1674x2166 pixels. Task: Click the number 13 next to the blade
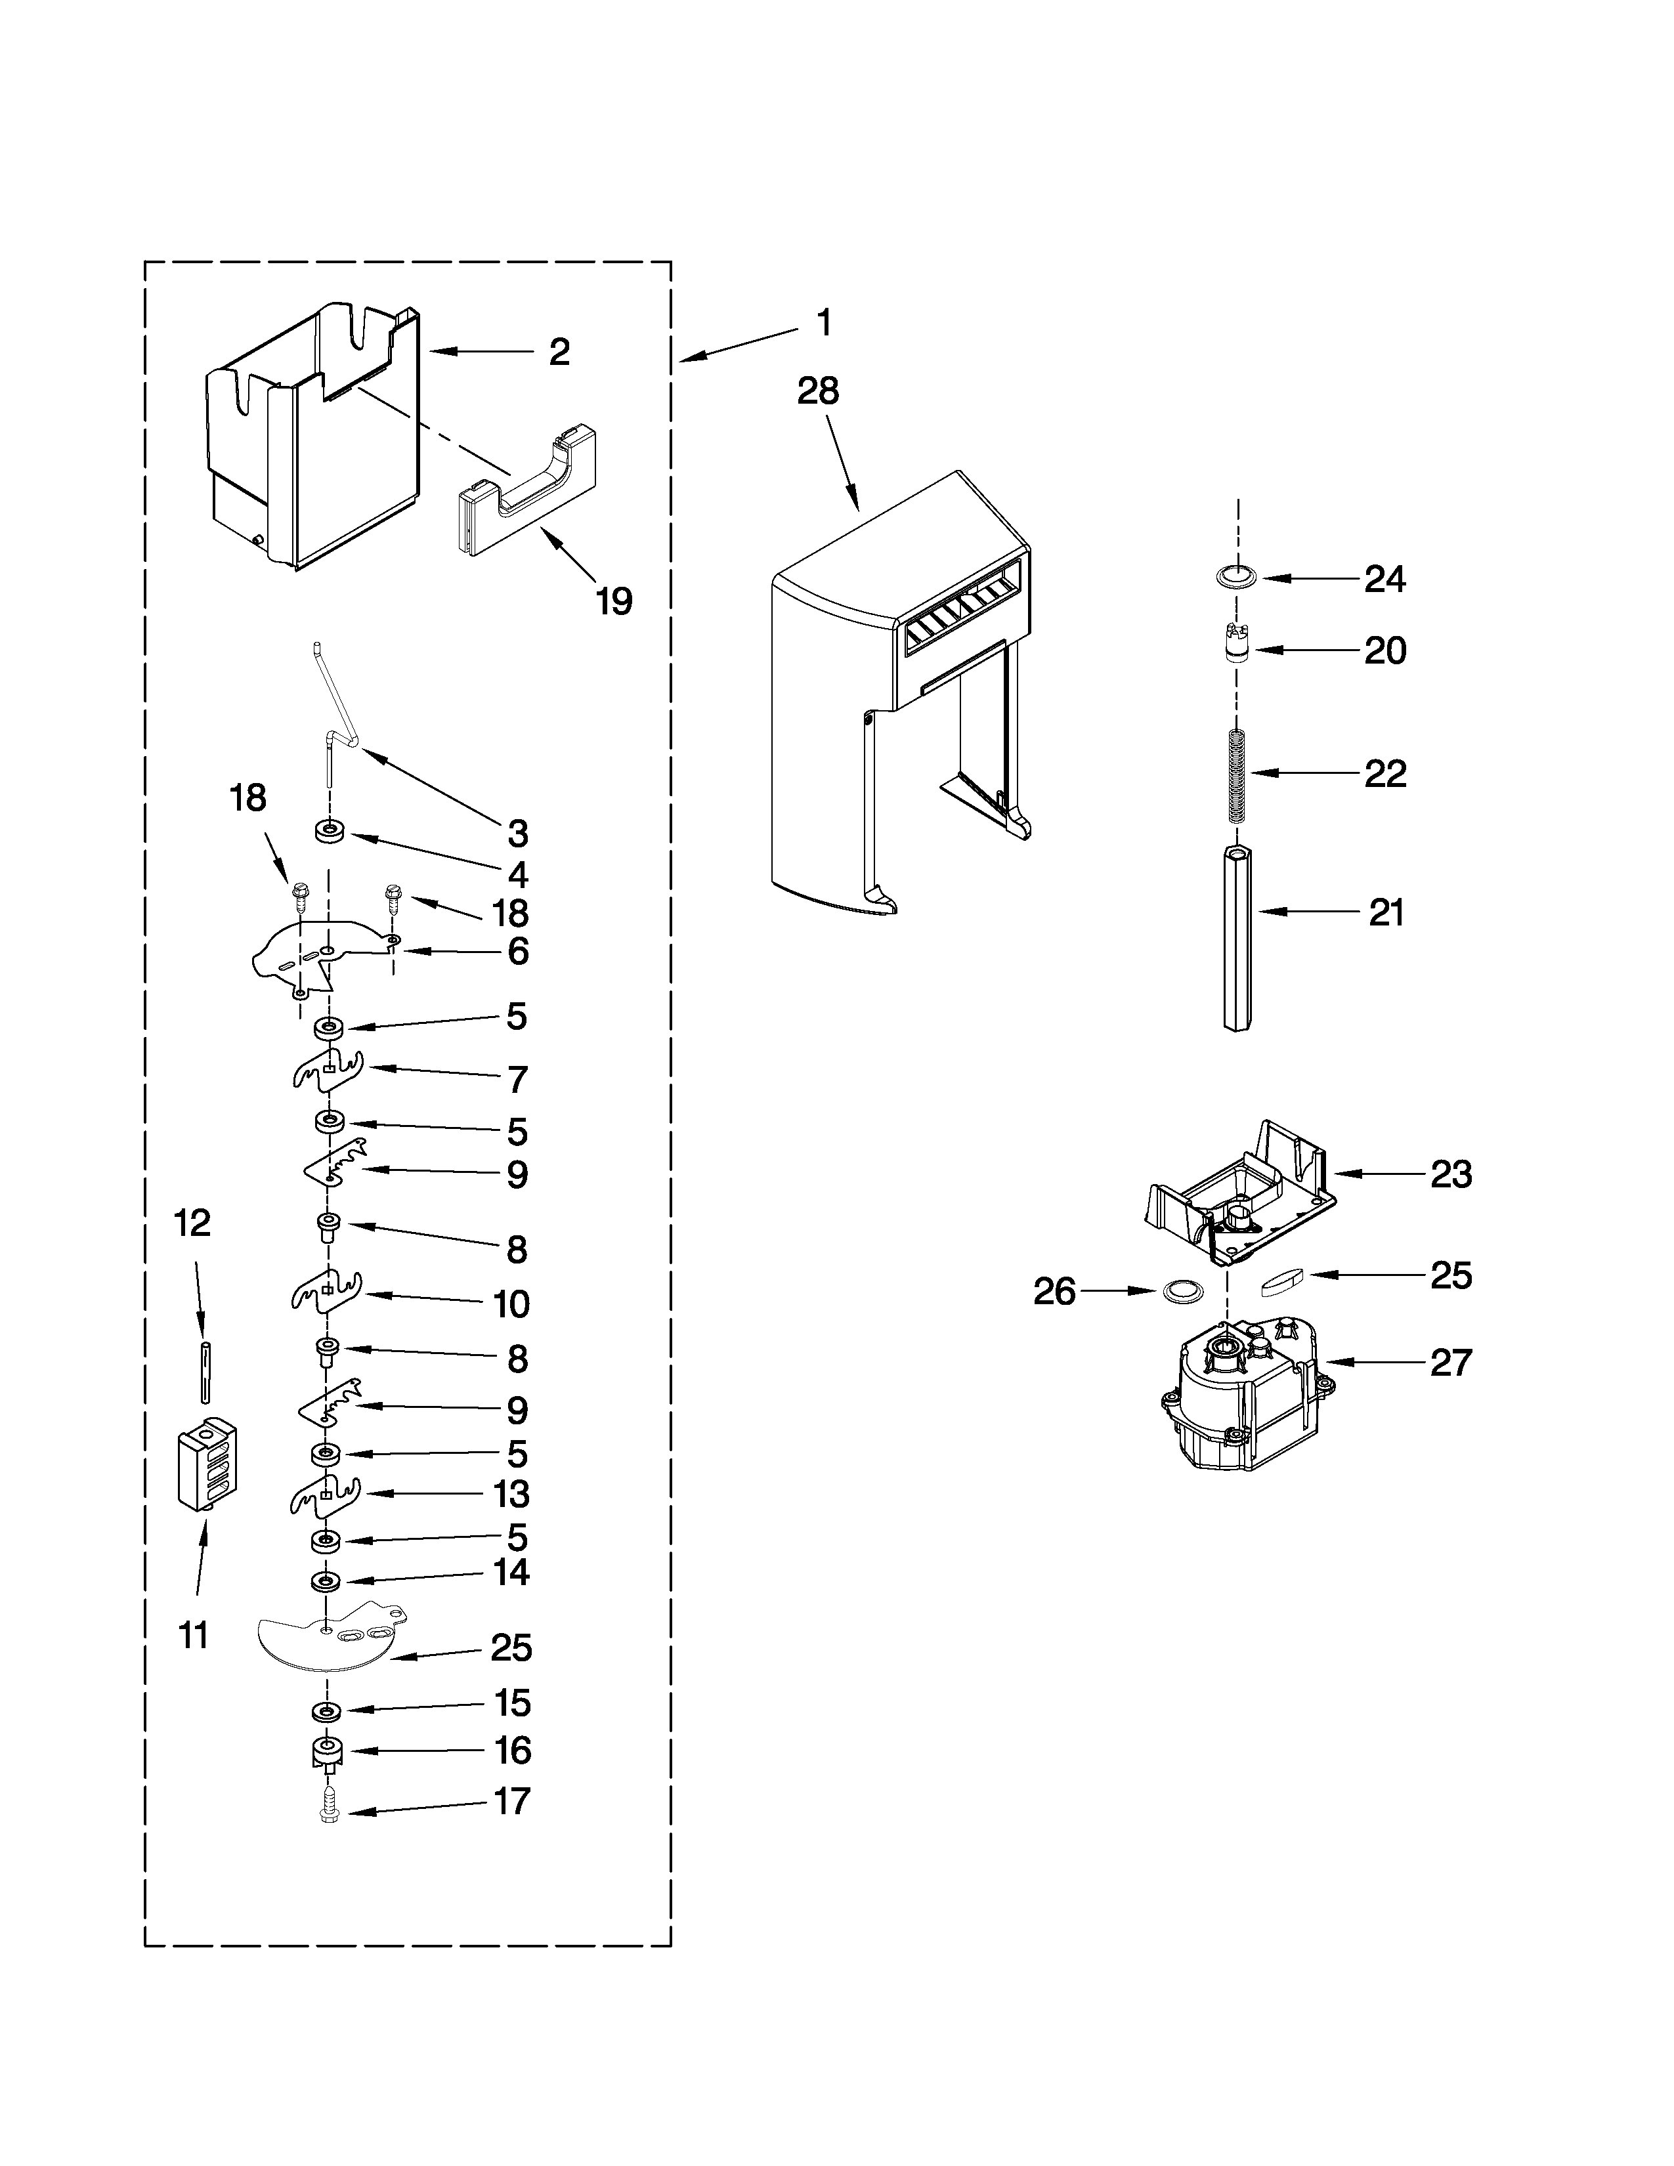512,1522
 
